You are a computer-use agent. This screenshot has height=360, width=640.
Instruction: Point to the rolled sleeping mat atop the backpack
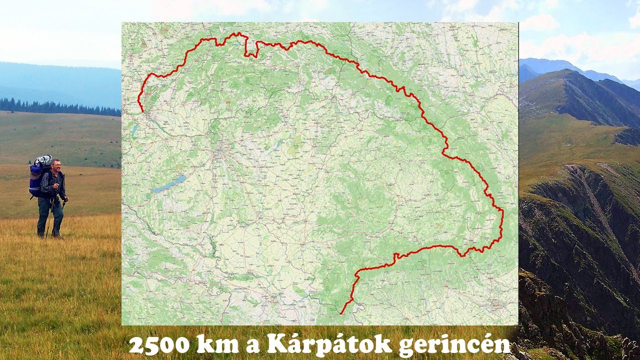pyautogui.click(x=43, y=160)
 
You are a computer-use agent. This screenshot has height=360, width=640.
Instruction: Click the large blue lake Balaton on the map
pyautogui.click(x=168, y=184)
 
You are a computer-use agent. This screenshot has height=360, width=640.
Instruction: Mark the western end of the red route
pyautogui.click(x=142, y=111)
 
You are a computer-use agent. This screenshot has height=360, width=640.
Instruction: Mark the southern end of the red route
pyautogui.click(x=341, y=313)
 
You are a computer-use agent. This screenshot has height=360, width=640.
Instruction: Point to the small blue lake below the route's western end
pyautogui.click(x=134, y=130)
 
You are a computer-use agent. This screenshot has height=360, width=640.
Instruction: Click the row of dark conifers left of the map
pyautogui.click(x=55, y=107)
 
